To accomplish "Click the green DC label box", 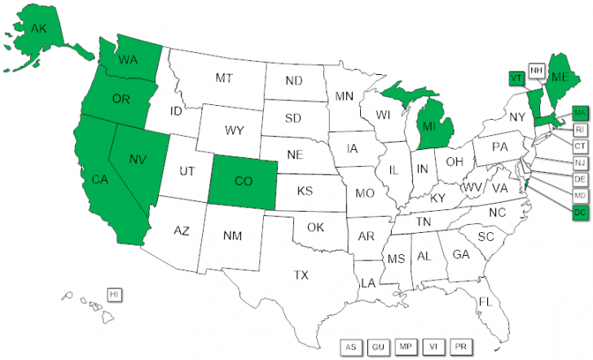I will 580,213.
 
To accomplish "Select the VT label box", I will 516,77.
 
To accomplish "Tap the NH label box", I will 537,71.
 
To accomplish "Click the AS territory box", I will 351,347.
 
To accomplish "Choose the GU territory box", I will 378,347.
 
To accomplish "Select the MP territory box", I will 405,347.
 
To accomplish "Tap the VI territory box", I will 433,347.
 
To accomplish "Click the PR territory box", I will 460,347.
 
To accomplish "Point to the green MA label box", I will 580,112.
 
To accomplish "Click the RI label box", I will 580,130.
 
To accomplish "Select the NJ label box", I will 580,162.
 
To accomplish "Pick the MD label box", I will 580,196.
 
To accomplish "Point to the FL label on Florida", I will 485,302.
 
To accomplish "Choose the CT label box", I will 580,146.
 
